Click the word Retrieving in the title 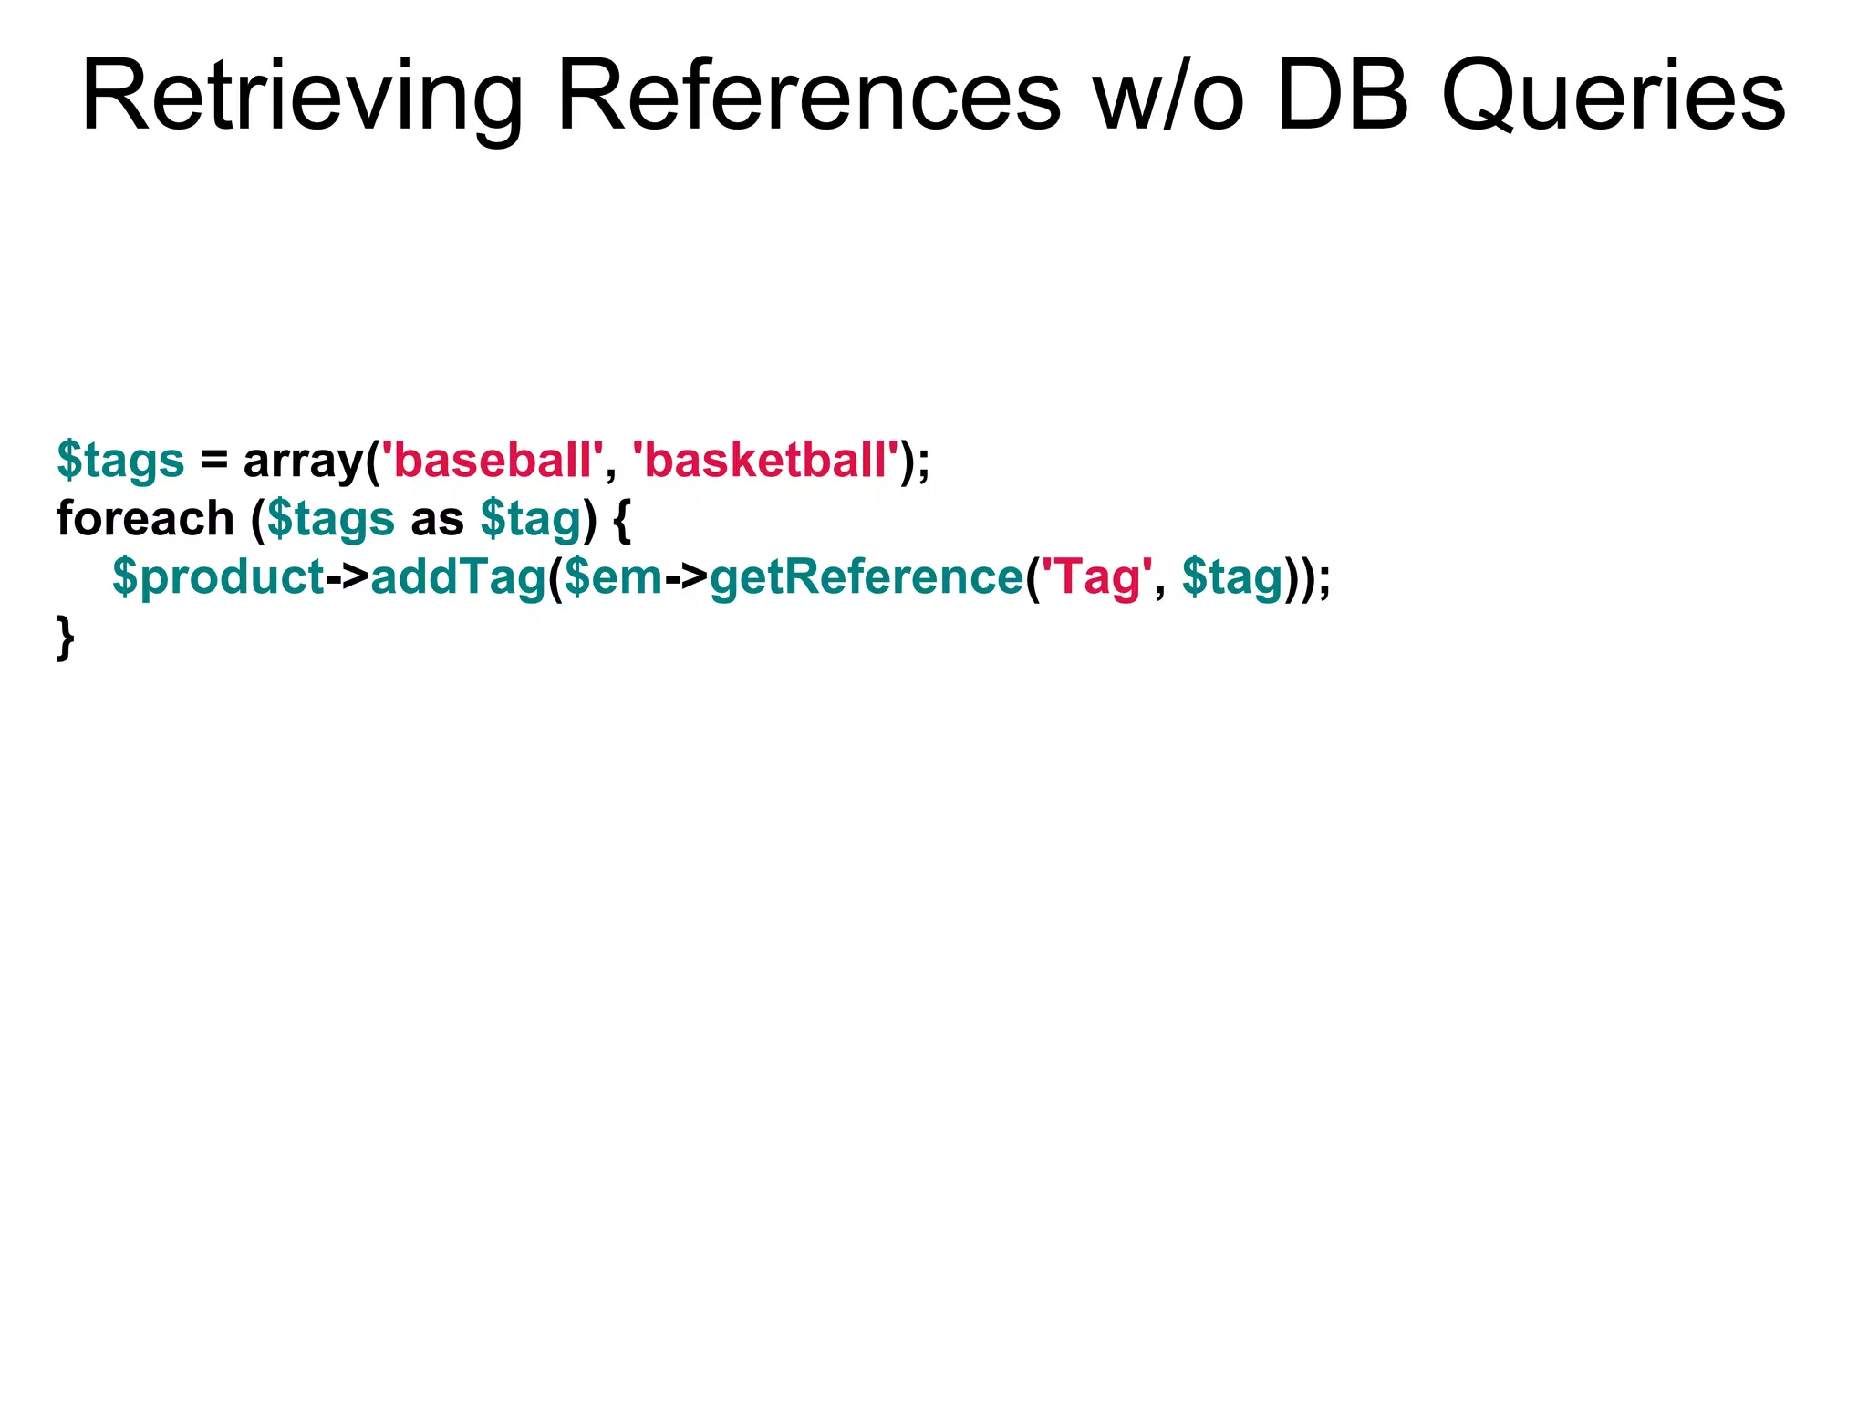point(301,97)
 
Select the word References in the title point(808,97)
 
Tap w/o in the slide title point(1169,97)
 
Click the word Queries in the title point(1613,97)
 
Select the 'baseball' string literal point(492,460)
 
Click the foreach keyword point(146,518)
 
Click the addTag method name point(458,576)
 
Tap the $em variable point(613,576)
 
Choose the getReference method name point(867,576)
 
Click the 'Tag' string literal point(1091,576)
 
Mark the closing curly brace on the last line point(66,637)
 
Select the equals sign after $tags point(214,460)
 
